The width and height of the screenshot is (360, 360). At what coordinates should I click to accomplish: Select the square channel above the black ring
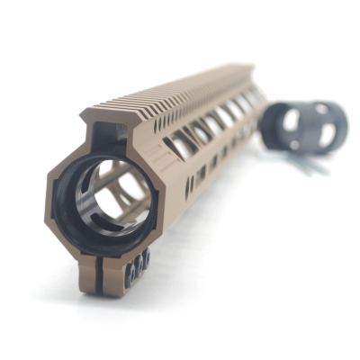(x=105, y=135)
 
